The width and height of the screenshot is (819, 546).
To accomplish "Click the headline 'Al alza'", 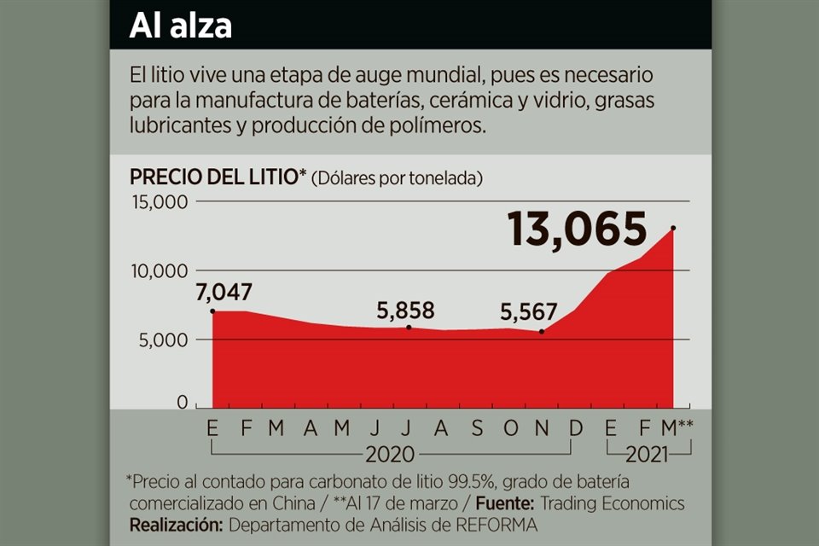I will point(181,26).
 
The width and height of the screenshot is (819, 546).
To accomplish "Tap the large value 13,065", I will point(577,229).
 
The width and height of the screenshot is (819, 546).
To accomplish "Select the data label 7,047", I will point(224,293).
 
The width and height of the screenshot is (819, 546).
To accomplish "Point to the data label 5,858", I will point(407,309).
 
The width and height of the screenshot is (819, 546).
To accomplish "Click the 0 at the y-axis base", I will point(182,402).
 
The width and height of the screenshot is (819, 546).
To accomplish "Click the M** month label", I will point(676,428).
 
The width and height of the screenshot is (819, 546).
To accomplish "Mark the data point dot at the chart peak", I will point(674,228).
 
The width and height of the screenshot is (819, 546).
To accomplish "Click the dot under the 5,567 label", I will point(542,331).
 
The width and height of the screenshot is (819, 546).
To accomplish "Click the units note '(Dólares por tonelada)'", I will point(398,178).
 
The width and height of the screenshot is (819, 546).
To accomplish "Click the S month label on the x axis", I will point(478,428).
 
